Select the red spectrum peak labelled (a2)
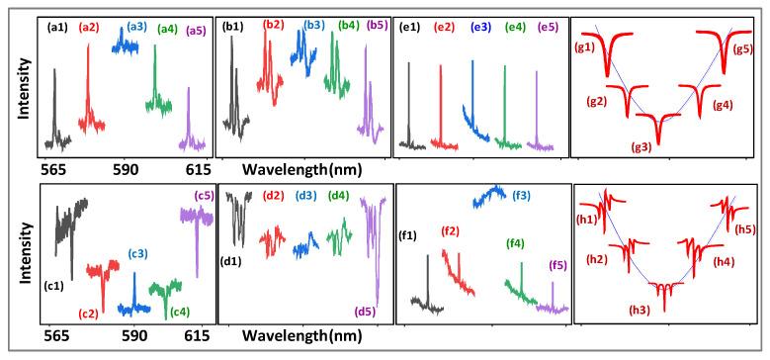[87, 84]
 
